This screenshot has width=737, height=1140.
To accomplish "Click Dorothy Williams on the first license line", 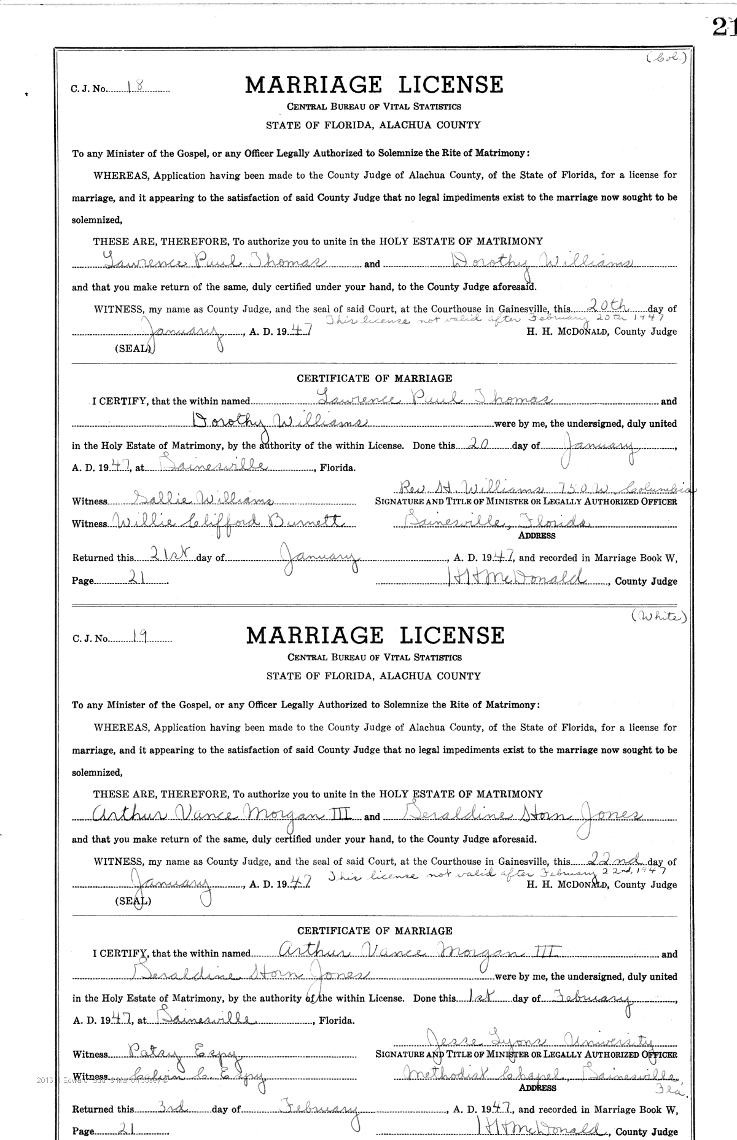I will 542,262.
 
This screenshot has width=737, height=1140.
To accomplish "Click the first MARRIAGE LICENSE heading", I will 374,85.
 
